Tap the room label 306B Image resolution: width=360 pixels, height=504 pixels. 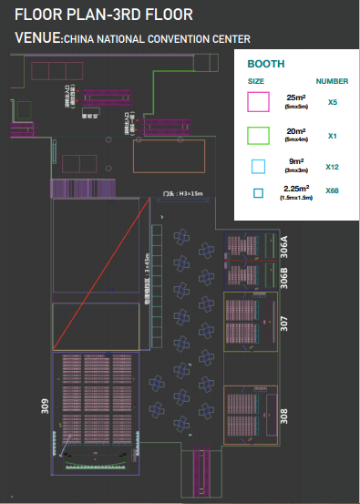click(x=283, y=275)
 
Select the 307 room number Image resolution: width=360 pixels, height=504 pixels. click(x=283, y=323)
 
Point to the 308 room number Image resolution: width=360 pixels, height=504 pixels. click(x=283, y=417)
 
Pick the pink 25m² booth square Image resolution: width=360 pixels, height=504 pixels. click(x=259, y=101)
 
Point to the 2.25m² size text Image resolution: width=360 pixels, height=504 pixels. click(x=298, y=189)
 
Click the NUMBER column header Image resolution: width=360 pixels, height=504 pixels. click(x=332, y=81)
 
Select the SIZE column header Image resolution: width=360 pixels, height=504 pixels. click(x=256, y=81)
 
